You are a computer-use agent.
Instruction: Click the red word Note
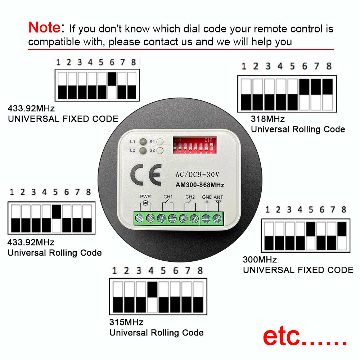(44, 27)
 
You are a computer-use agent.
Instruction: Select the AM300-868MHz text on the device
(200, 185)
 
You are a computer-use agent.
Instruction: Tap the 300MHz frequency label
(260, 259)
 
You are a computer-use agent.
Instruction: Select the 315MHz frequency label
(126, 322)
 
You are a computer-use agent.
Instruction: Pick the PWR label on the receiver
(145, 197)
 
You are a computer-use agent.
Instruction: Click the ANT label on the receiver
(219, 197)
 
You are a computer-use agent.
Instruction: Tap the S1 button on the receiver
(160, 142)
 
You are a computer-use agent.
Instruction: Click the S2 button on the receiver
(160, 150)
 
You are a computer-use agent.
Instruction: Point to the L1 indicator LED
(143, 142)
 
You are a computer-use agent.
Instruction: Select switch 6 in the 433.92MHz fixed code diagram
(112, 86)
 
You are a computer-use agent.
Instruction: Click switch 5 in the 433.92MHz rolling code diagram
(57, 219)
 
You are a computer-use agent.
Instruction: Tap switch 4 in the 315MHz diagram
(152, 297)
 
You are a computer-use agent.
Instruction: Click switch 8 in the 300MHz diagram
(342, 236)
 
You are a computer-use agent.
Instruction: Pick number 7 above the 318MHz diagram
(317, 66)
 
